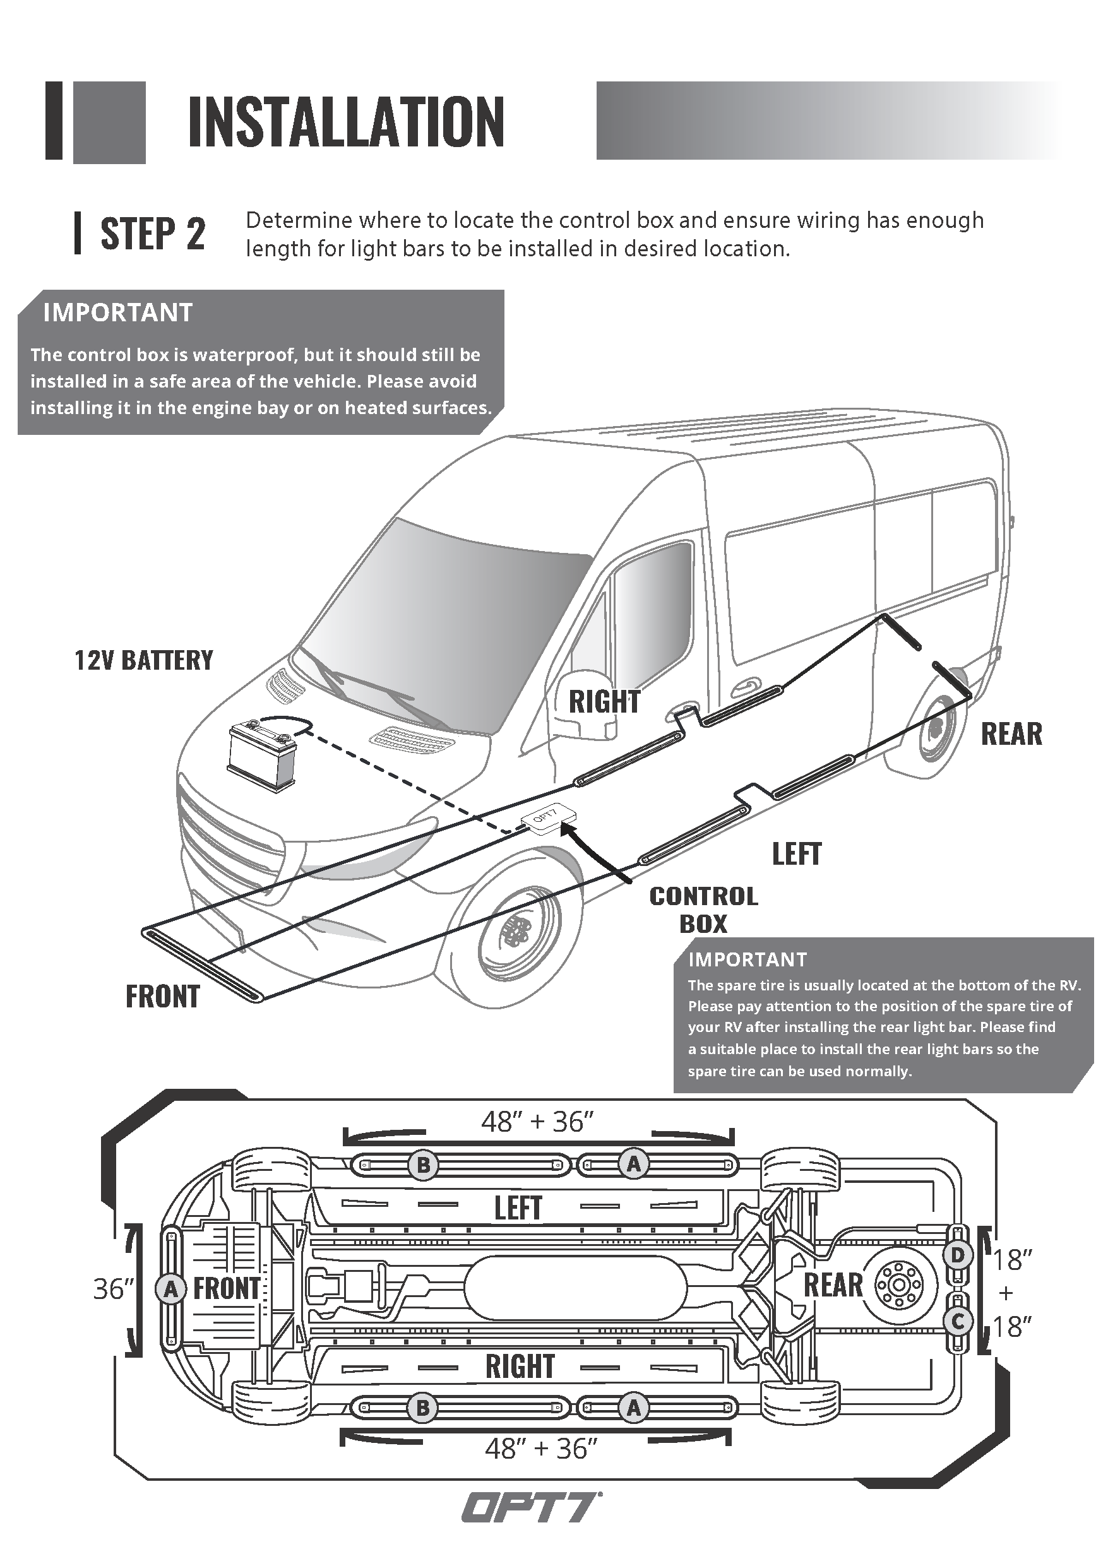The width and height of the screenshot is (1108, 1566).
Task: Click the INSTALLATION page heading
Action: pos(346,123)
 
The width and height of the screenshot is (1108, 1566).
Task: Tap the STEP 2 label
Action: pos(153,234)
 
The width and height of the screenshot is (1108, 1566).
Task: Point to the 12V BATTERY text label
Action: pos(143,660)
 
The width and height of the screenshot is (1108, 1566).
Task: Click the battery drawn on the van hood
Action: pos(263,758)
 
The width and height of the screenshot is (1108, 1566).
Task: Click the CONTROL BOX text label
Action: pos(703,910)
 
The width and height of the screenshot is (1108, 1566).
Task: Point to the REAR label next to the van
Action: pos(1011,734)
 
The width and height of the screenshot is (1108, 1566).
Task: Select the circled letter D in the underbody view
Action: pos(957,1254)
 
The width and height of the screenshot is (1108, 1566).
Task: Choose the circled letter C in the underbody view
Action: pos(957,1321)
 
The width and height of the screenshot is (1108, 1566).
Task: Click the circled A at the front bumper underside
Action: pos(170,1289)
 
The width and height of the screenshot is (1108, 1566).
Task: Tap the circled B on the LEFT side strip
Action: pos(423,1165)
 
